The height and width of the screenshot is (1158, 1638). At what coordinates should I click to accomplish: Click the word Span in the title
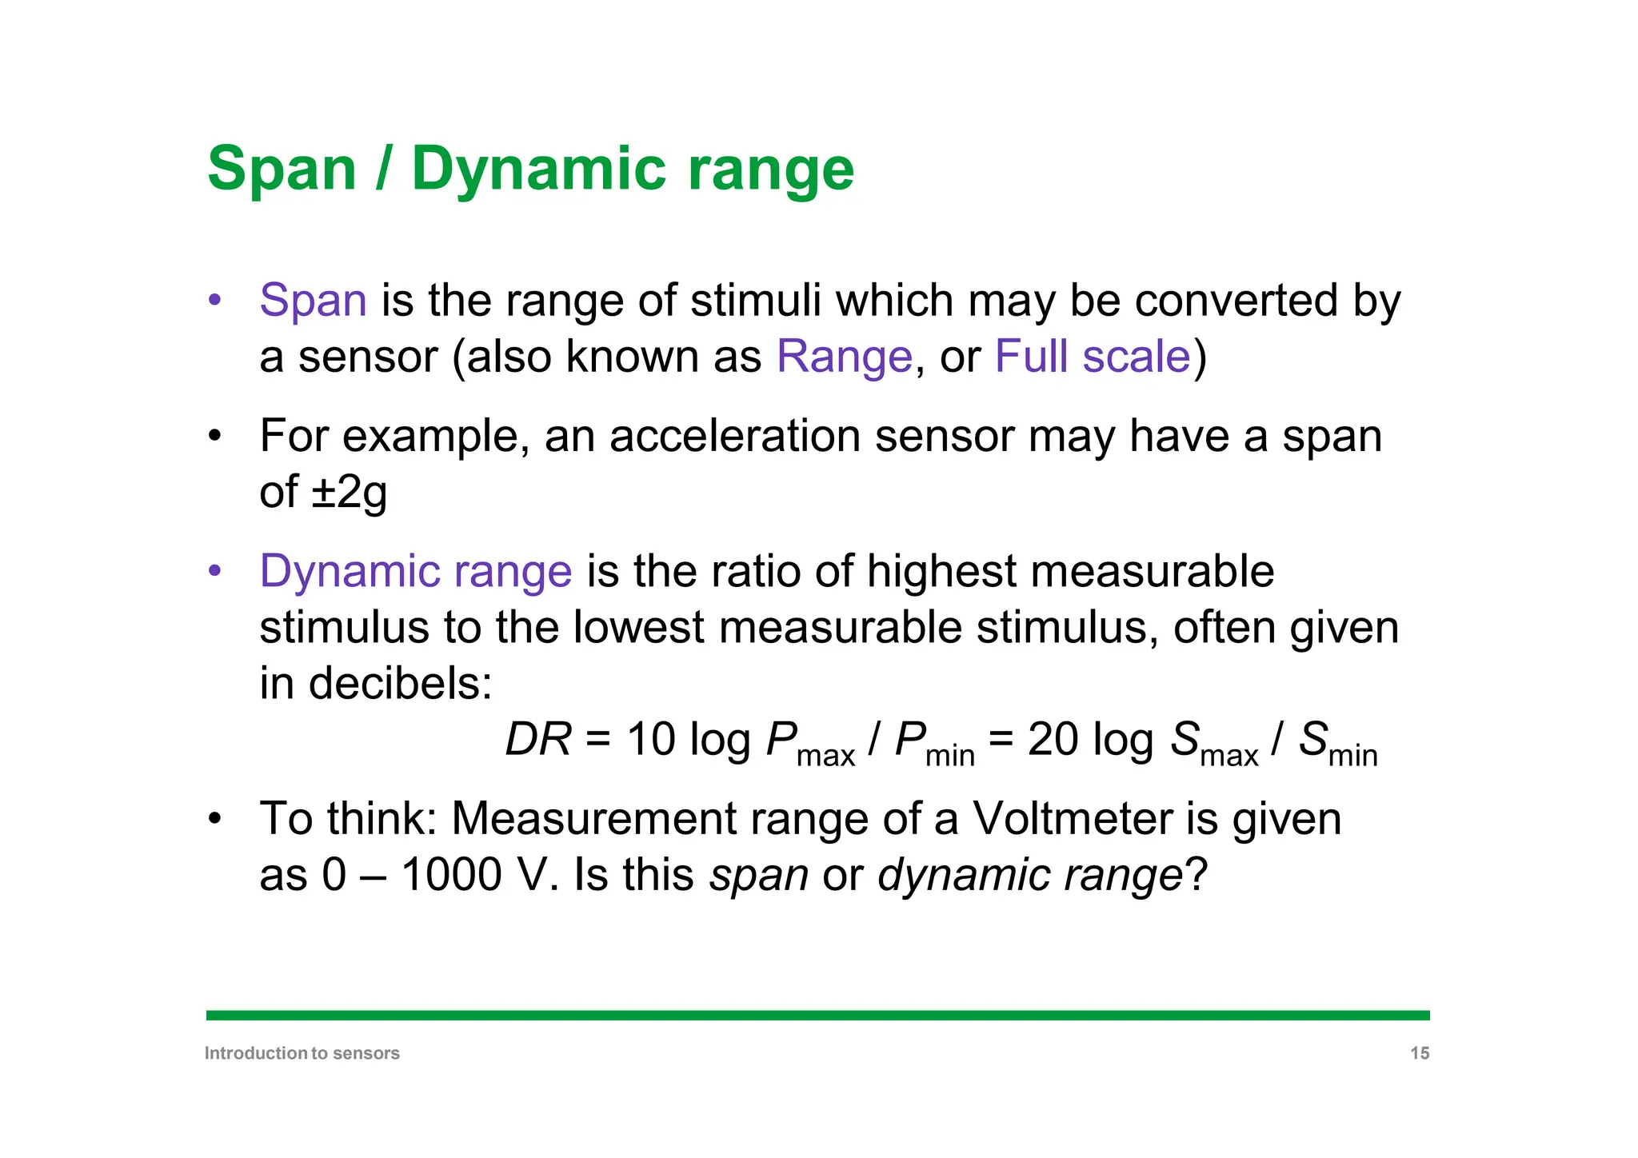click(x=282, y=170)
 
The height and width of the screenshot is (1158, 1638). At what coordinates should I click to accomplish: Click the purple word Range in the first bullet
click(x=844, y=357)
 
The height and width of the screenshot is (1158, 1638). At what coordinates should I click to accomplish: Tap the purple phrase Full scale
click(x=1093, y=357)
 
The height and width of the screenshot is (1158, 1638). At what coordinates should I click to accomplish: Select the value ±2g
click(x=350, y=492)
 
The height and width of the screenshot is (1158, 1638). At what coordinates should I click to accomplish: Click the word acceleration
click(x=734, y=437)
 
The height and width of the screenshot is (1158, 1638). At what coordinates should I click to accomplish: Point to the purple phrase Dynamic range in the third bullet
click(x=416, y=572)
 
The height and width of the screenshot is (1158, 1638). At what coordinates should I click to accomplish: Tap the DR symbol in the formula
click(x=538, y=740)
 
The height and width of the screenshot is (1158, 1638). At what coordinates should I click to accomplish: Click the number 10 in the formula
click(x=650, y=740)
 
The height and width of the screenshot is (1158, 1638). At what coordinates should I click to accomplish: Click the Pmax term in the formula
click(x=809, y=743)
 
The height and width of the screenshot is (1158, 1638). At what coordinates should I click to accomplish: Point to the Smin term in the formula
click(x=1336, y=743)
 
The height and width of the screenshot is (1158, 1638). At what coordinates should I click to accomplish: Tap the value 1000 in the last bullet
click(x=451, y=875)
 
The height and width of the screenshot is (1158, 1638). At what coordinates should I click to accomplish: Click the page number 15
click(x=1419, y=1053)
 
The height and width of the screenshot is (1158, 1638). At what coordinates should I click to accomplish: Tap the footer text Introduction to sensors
click(x=302, y=1053)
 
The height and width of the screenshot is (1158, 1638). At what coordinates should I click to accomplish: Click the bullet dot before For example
click(x=214, y=437)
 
